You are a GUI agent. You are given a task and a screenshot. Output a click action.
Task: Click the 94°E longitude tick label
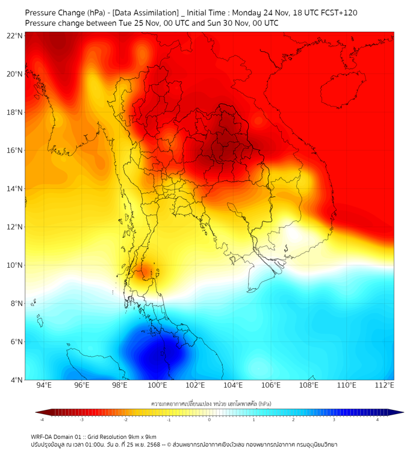[x=44, y=385]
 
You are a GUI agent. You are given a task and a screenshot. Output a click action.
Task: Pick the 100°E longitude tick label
[x=158, y=385]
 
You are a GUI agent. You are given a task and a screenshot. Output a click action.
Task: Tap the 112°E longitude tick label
[x=385, y=385]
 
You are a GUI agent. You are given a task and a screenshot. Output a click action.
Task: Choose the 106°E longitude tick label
[x=271, y=385]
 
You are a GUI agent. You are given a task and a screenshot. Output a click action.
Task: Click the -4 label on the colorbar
[x=42, y=419]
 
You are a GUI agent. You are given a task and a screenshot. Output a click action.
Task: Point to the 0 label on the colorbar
[x=210, y=419]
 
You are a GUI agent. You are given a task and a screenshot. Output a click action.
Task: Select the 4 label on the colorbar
[x=377, y=419]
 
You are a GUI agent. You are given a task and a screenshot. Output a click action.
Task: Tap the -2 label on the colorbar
[x=125, y=419]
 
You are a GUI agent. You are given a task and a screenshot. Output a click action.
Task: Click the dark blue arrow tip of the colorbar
[x=398, y=412]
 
